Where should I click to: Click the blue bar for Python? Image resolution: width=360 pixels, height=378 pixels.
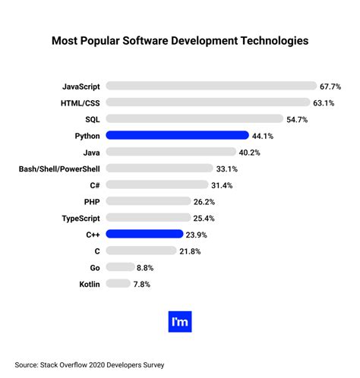tap(177, 135)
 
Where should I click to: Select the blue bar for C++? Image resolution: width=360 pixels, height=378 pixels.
tap(144, 235)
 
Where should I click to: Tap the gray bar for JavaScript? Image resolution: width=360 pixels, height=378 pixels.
tap(211, 86)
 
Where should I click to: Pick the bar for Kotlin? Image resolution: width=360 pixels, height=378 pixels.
tap(118, 284)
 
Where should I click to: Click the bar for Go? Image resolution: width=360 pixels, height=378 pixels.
tap(120, 267)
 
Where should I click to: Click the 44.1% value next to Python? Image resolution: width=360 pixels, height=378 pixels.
tap(263, 136)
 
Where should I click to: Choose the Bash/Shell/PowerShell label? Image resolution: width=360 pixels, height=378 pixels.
tap(59, 169)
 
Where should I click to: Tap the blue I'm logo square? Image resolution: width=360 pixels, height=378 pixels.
tap(180, 321)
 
